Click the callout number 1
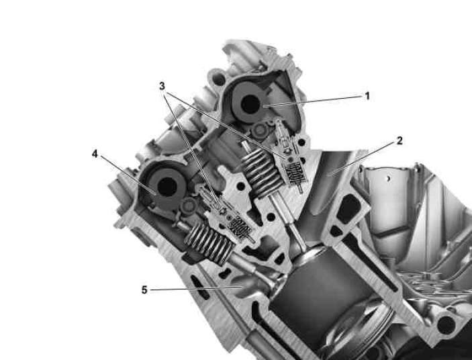pyautogui.click(x=367, y=96)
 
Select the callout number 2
pyautogui.click(x=399, y=140)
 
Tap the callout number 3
pyautogui.click(x=162, y=86)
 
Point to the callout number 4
pyautogui.click(x=95, y=154)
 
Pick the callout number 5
pyautogui.click(x=144, y=290)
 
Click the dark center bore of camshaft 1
pyautogui.click(x=250, y=104)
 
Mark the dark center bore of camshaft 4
pyautogui.click(x=167, y=187)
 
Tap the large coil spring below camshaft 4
pyautogui.click(x=209, y=243)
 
